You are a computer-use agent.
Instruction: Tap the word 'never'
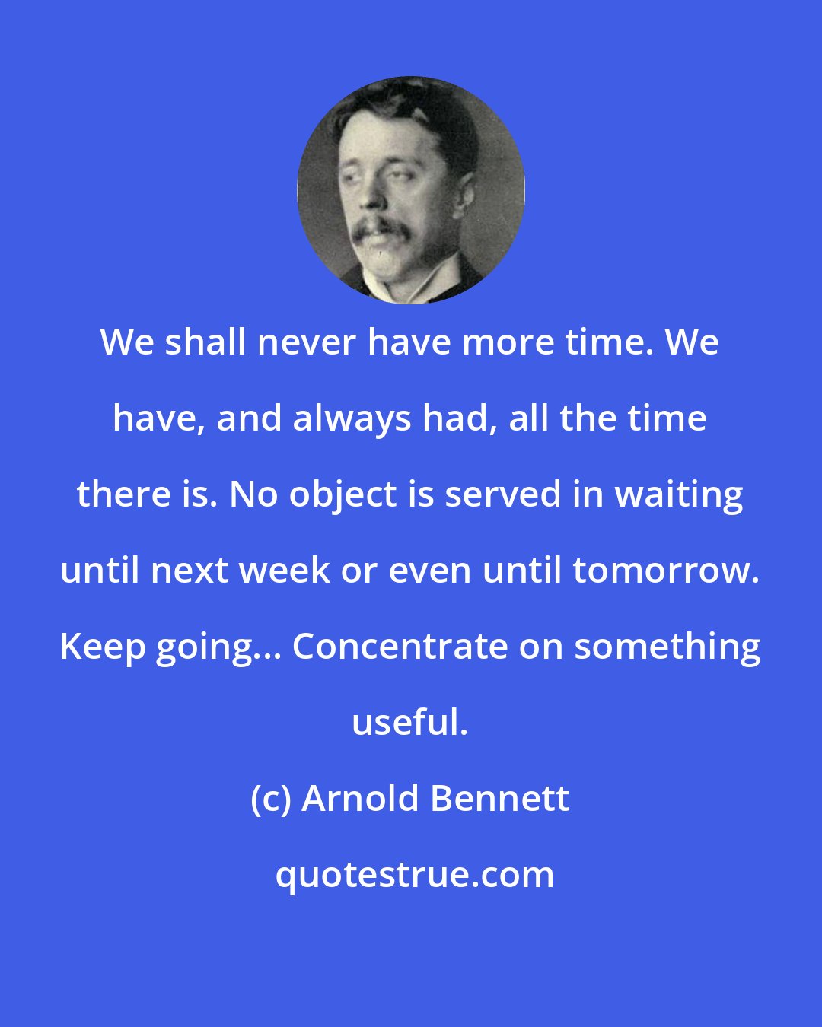point(299,342)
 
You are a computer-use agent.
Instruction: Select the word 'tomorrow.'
point(666,571)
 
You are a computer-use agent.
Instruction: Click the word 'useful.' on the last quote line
point(410,723)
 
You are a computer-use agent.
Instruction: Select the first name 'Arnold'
point(360,799)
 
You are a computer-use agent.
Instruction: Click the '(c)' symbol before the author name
point(271,799)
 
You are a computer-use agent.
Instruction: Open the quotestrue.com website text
point(415,875)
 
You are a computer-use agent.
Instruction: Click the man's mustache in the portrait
point(381,227)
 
